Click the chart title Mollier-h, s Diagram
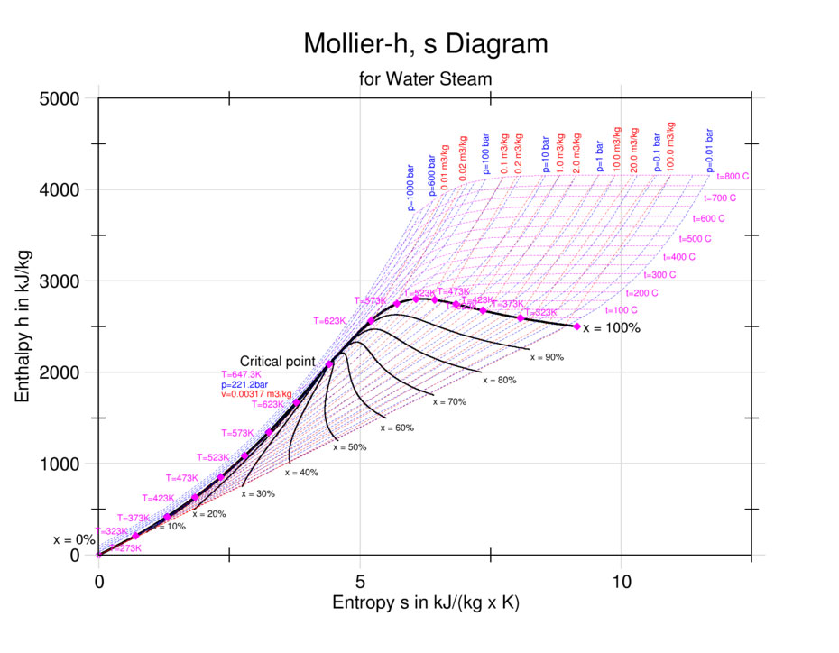pyautogui.click(x=425, y=43)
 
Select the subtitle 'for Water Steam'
pyautogui.click(x=425, y=78)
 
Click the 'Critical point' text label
pyautogui.click(x=278, y=362)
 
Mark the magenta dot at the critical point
pyautogui.click(x=329, y=364)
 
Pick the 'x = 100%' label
pyautogui.click(x=612, y=328)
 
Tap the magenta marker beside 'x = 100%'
pyautogui.click(x=576, y=326)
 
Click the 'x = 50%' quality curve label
pyautogui.click(x=350, y=447)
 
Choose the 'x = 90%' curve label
pyautogui.click(x=547, y=357)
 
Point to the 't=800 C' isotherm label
pyautogui.click(x=738, y=177)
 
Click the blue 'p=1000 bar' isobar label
pyautogui.click(x=411, y=188)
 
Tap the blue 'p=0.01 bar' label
pyautogui.click(x=710, y=149)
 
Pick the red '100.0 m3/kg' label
pyautogui.click(x=670, y=144)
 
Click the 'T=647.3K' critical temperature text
pyautogui.click(x=241, y=374)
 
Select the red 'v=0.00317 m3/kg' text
pyautogui.click(x=256, y=394)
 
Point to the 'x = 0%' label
pyautogui.click(x=74, y=540)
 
